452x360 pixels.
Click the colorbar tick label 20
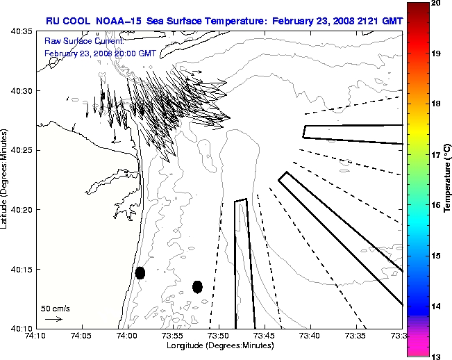435,3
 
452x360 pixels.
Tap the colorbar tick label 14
435,306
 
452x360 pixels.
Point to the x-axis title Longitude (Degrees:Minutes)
219,346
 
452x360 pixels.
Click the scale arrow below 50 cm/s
53,319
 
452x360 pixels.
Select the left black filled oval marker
140,272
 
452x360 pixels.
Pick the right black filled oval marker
197,286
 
